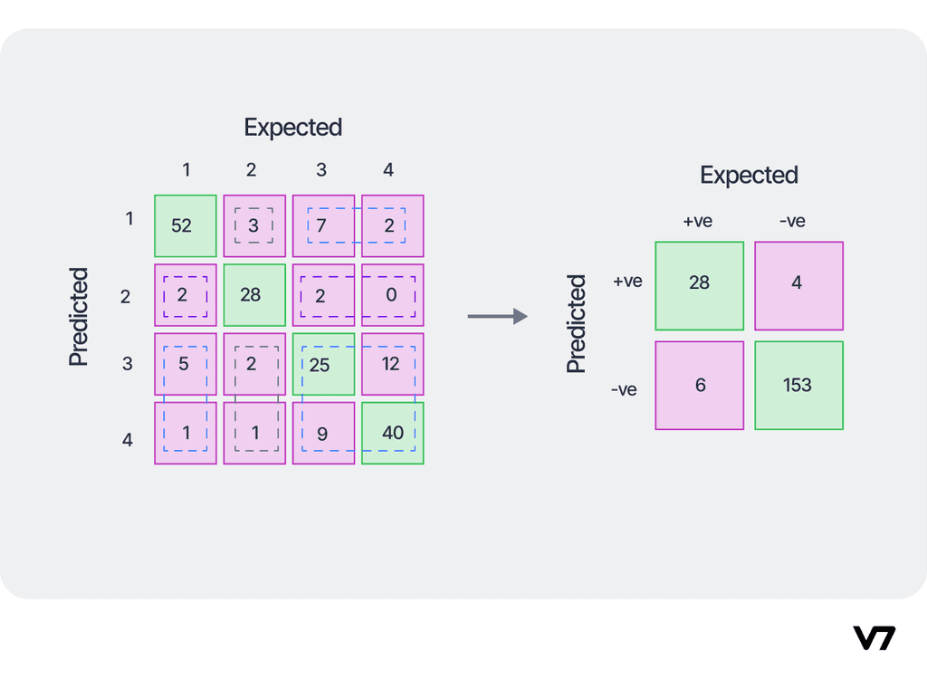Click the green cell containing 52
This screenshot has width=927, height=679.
click(x=186, y=225)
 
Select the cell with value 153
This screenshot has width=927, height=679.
click(x=798, y=385)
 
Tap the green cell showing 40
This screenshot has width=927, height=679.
click(x=392, y=433)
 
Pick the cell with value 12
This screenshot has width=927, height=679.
click(x=392, y=364)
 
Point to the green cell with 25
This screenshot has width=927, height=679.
click(x=323, y=364)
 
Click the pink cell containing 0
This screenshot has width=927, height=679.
click(x=392, y=295)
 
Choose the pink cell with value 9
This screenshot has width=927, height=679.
click(x=323, y=433)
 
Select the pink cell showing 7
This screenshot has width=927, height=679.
click(x=323, y=225)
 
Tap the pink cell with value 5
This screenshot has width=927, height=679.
click(x=186, y=364)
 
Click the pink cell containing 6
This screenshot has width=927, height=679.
click(x=699, y=385)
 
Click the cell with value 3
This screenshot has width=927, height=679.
click(x=254, y=225)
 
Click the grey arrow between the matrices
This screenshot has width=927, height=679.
click(x=497, y=316)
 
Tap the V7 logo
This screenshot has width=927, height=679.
click(x=874, y=637)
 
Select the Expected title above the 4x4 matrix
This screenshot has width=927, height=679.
click(x=292, y=128)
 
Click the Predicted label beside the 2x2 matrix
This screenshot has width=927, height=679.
click(x=577, y=324)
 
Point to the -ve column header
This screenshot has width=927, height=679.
click(x=791, y=221)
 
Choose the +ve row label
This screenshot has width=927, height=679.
click(x=627, y=282)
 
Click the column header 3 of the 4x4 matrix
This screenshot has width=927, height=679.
click(x=321, y=170)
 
